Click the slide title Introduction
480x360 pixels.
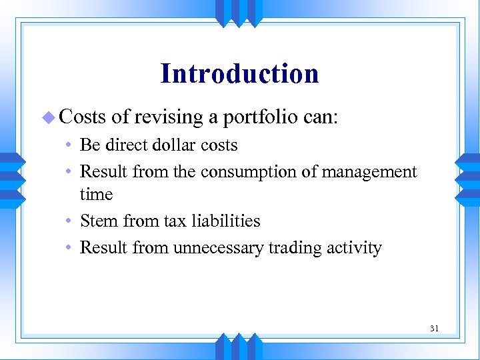[239, 73]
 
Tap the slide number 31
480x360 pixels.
[434, 327]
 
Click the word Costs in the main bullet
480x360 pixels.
[83, 117]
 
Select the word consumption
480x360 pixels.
[245, 172]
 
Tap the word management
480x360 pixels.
[369, 172]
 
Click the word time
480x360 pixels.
[96, 195]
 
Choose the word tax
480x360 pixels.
[170, 221]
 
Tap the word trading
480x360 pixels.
[295, 248]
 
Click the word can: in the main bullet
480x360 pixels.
[321, 118]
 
